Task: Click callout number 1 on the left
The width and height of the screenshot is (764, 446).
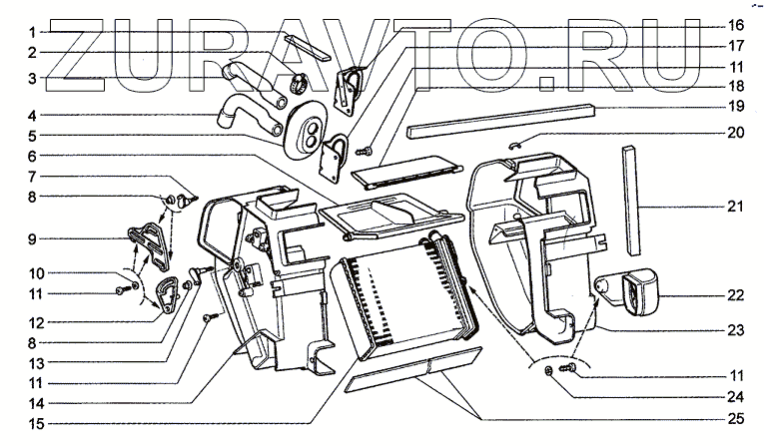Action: coord(33,30)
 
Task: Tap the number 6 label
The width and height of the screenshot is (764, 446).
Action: coord(33,156)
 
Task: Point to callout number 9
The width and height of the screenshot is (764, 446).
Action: coord(33,238)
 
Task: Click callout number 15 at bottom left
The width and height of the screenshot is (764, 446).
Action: coord(33,423)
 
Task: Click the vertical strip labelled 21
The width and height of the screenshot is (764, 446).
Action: coord(630,200)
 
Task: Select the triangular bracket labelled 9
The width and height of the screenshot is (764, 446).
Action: coord(149,240)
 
